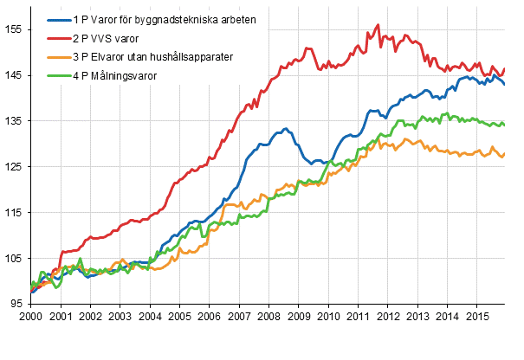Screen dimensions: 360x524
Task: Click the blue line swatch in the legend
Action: (x=57, y=19)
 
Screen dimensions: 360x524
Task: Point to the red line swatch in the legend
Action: (x=57, y=38)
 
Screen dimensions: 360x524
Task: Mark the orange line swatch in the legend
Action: (x=57, y=57)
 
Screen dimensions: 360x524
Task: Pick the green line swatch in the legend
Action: (x=57, y=76)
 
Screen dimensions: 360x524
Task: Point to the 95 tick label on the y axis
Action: (x=17, y=304)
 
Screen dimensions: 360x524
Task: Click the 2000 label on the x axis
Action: (x=30, y=318)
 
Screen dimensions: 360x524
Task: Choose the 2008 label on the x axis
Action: (x=268, y=318)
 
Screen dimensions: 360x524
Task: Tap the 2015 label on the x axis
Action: (x=475, y=318)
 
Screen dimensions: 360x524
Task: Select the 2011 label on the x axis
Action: (x=357, y=318)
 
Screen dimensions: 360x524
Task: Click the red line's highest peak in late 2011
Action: (x=378, y=25)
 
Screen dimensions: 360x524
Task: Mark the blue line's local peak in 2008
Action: (x=285, y=129)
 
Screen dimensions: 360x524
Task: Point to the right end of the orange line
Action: (x=505, y=153)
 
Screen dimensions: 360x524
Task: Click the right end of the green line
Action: (x=505, y=125)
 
